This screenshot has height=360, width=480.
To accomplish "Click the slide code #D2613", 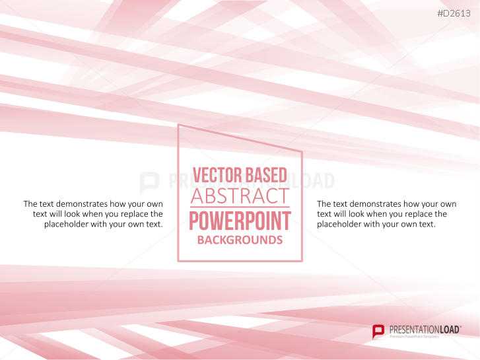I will tap(457, 13).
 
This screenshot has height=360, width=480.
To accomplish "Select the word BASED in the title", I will tap(265, 175).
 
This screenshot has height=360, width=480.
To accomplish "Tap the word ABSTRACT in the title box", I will tap(240, 196).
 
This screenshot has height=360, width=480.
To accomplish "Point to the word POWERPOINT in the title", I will tap(240, 221).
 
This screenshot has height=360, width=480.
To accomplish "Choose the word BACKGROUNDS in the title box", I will tap(240, 240).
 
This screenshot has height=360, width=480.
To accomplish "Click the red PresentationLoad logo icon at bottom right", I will tap(378, 331).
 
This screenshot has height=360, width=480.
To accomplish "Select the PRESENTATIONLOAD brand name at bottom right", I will tap(423, 328).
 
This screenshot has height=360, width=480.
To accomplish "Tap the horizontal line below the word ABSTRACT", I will tap(240, 207).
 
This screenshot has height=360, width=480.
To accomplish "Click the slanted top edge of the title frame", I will tap(240, 137).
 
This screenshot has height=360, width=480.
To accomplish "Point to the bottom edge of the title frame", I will tap(240, 261).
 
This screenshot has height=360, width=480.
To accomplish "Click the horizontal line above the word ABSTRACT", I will tap(240, 186).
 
